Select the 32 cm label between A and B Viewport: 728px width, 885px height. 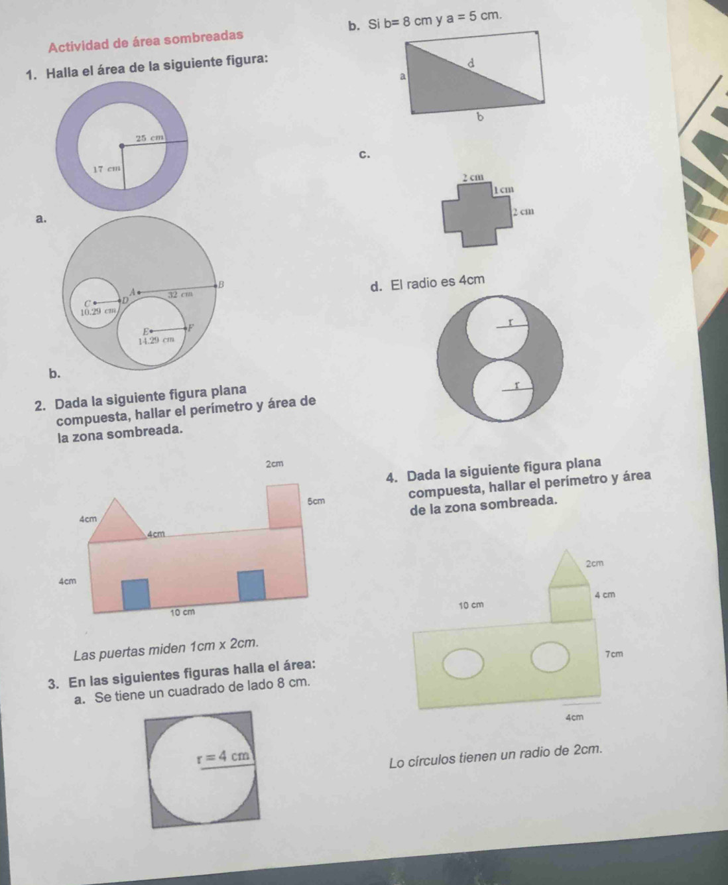click(180, 294)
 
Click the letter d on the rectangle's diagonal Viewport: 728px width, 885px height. click(471, 64)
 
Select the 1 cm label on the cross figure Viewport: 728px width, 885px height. click(503, 190)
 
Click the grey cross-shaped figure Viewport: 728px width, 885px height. click(478, 214)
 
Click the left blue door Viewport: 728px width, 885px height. click(136, 593)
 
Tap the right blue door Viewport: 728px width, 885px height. click(251, 585)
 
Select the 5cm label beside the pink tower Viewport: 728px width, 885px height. click(316, 501)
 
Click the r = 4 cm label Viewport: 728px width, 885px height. click(225, 756)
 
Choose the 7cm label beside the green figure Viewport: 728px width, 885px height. click(614, 654)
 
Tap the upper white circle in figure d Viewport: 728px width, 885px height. click(498, 327)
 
